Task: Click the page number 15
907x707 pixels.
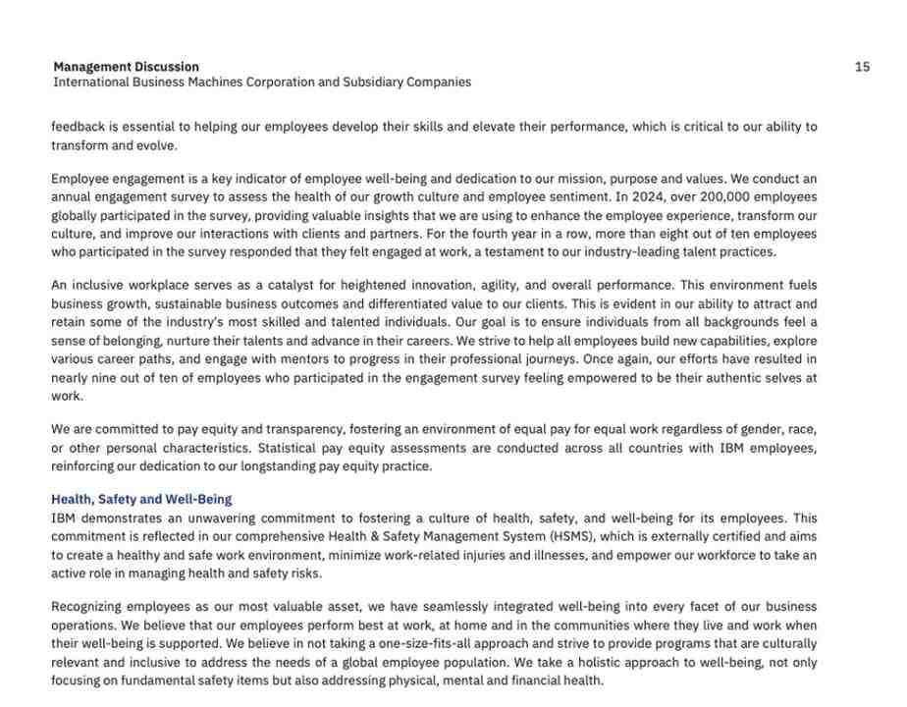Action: click(862, 67)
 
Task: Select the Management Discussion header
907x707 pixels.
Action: click(126, 67)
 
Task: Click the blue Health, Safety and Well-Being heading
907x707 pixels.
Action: click(141, 500)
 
